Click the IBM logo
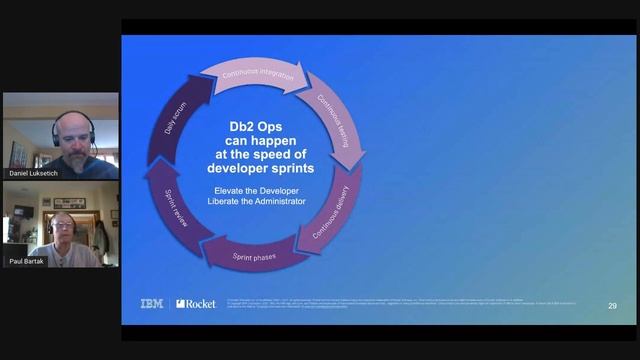pos(152,304)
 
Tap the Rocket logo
pos(195,304)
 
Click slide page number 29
pos(612,305)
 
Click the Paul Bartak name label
pos(27,261)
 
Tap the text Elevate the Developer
pos(258,189)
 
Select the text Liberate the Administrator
pos(258,201)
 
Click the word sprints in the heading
pos(286,168)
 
